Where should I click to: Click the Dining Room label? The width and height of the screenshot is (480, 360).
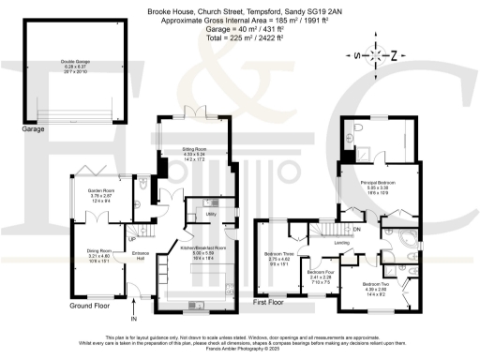click(x=99, y=250)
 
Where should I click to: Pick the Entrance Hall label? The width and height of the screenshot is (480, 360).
click(x=142, y=256)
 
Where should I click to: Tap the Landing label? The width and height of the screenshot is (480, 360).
click(x=342, y=243)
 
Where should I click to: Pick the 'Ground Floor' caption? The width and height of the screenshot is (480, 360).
click(x=91, y=305)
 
